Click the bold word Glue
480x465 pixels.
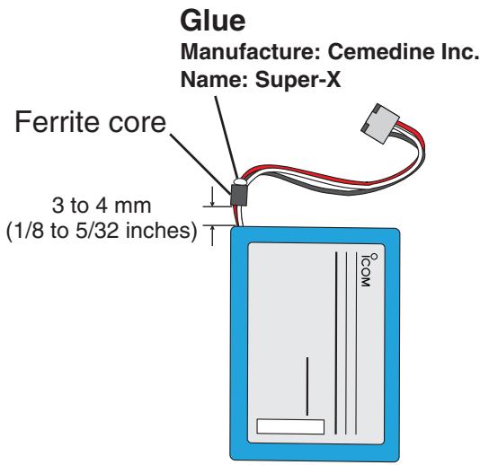(213, 21)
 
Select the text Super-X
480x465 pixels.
(298, 80)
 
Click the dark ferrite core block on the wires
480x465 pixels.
(239, 195)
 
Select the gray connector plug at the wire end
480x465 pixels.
(380, 123)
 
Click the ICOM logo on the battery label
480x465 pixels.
(366, 270)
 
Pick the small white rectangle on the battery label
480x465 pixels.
(290, 426)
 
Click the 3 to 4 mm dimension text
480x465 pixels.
(102, 206)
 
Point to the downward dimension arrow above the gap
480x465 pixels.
(212, 197)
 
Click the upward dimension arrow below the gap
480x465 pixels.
(212, 235)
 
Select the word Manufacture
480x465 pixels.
(251, 51)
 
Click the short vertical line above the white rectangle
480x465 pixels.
(307, 386)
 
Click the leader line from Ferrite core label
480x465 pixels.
(200, 164)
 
